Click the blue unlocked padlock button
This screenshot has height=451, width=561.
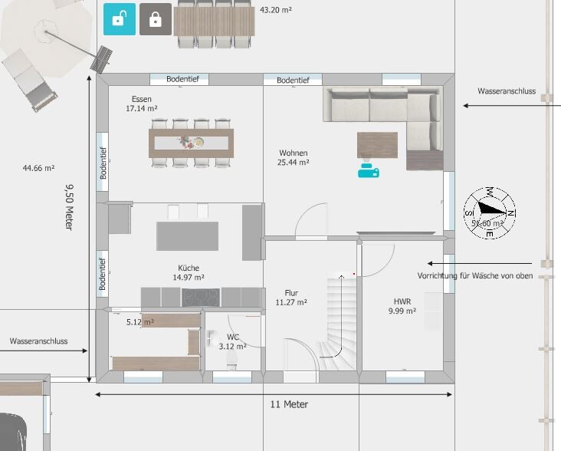tap(120, 19)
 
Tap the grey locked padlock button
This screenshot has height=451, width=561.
tap(156, 19)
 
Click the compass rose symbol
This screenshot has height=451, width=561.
tap(490, 213)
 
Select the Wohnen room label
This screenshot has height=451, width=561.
tap(294, 157)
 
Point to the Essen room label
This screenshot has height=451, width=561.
tap(142, 104)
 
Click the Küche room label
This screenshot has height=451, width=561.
tap(189, 272)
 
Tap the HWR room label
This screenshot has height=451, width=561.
tap(402, 306)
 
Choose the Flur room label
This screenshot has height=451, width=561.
tap(291, 298)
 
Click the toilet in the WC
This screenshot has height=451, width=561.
tap(232, 360)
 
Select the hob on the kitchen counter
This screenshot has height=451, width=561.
tap(201, 298)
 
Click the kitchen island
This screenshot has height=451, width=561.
tap(188, 236)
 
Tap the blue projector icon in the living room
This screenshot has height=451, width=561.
tap(369, 171)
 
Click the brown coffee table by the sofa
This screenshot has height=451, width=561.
tap(377, 145)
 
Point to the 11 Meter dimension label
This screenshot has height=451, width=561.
tap(289, 404)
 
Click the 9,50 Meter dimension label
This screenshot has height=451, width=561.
tap(70, 207)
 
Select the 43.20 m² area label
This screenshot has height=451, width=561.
tap(276, 10)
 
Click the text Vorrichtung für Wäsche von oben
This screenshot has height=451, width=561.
tap(475, 275)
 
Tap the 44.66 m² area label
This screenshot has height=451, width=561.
tap(38, 168)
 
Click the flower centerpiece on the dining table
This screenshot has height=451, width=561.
tap(185, 142)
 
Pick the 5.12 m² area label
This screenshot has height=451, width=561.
tap(140, 322)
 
